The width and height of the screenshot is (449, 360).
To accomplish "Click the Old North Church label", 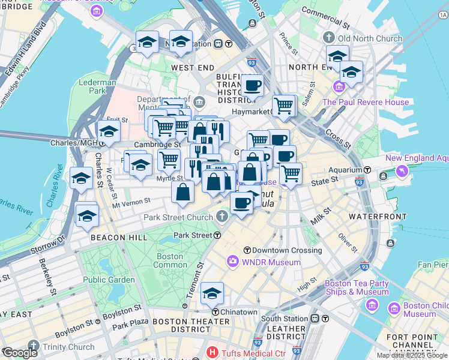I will [372, 38].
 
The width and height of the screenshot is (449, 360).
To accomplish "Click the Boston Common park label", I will [170, 260].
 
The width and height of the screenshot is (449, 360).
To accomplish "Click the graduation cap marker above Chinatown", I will [212, 294].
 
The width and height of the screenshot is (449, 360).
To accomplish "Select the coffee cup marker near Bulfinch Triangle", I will [252, 85].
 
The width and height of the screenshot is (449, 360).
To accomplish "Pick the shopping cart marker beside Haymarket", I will [284, 106].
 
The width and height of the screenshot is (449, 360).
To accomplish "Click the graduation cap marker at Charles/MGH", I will [109, 132].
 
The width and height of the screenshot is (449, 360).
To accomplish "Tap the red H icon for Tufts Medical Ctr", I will [211, 352].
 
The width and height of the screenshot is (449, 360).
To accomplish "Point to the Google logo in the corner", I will [20, 353].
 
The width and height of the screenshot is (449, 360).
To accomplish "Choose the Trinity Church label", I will [68, 347].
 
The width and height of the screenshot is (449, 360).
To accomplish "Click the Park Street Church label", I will [178, 217].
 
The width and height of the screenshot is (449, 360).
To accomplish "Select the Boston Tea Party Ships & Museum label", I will [357, 287].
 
